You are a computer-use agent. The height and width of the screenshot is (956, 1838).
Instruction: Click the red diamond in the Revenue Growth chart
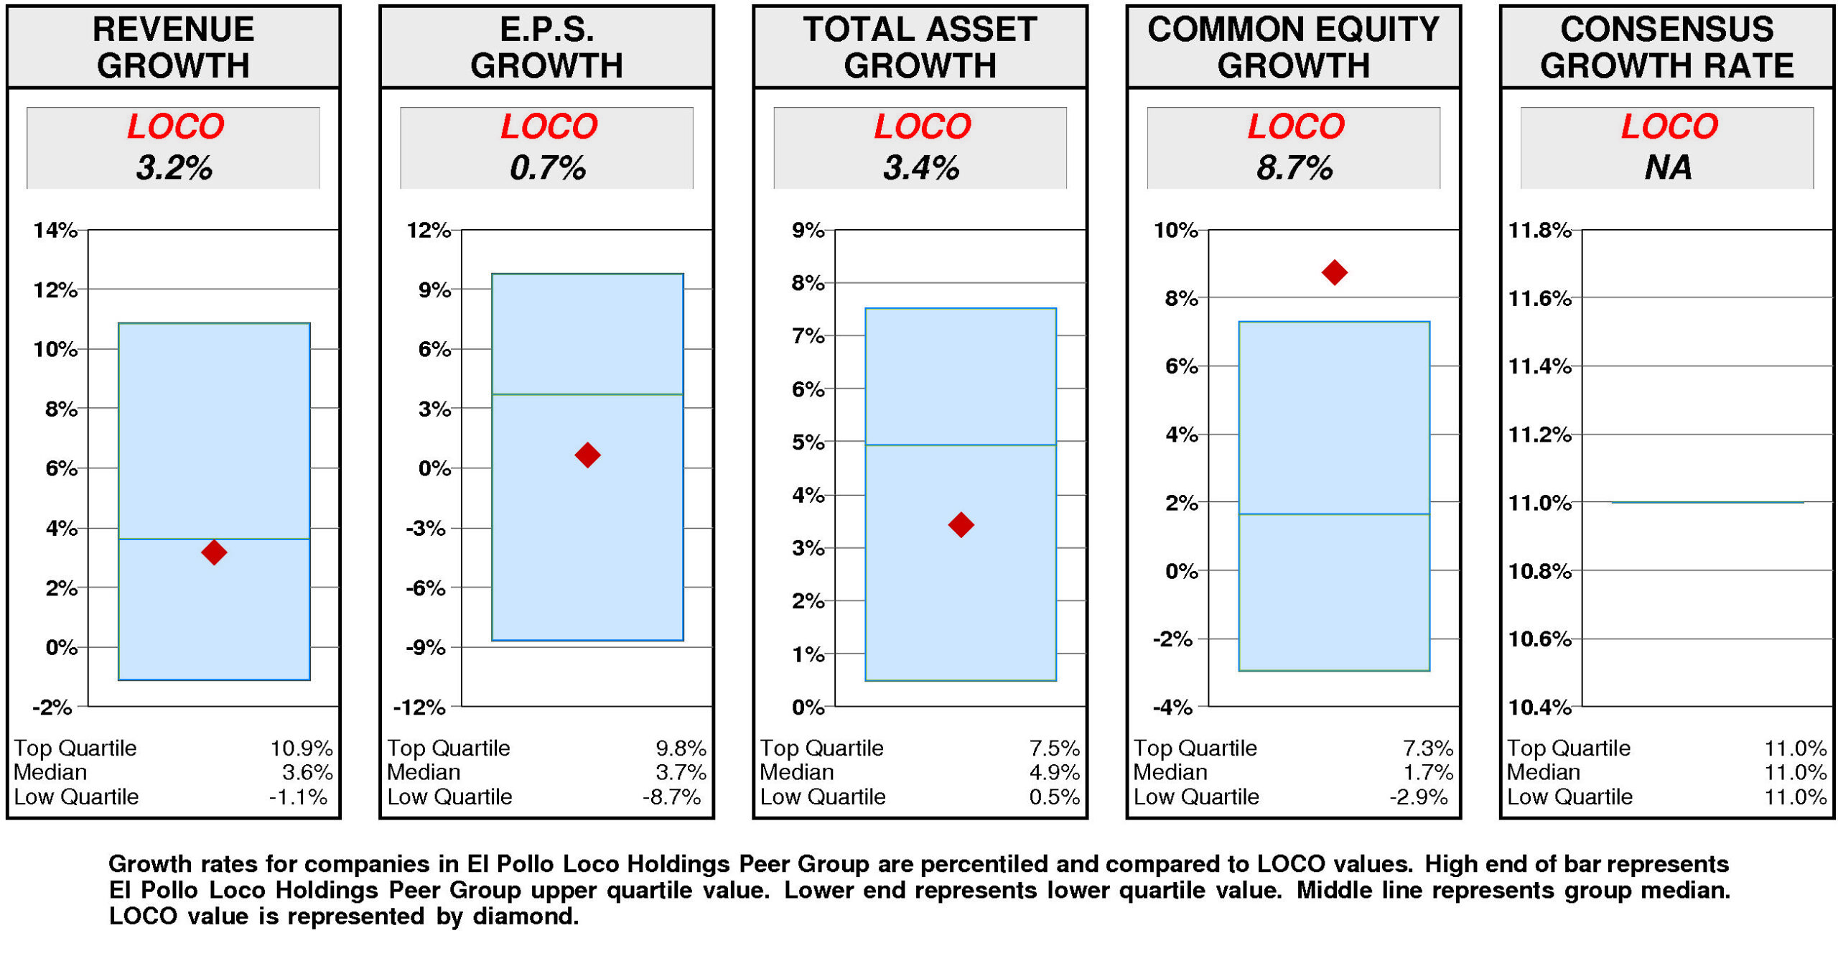coord(214,552)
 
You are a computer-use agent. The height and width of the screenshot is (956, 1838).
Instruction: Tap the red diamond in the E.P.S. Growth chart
coord(587,454)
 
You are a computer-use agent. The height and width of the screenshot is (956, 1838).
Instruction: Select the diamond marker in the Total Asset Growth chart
coord(961,524)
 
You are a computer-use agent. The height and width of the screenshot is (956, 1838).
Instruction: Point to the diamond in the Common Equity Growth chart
coord(1334,272)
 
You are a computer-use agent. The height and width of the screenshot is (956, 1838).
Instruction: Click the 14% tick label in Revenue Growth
coord(55,230)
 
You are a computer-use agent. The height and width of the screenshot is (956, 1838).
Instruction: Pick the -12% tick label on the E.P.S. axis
coord(419,707)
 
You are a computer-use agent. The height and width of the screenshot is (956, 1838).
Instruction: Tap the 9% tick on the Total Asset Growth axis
coord(808,230)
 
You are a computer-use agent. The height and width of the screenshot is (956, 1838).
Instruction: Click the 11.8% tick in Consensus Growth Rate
coord(1539,230)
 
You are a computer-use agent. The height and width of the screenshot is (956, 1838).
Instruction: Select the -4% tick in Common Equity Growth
coord(1172,707)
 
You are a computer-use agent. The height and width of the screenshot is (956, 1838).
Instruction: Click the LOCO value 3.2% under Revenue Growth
coord(174,168)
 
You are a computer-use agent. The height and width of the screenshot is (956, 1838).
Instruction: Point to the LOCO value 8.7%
coord(1294,168)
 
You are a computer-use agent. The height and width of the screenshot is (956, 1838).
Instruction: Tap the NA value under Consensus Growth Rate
coord(1668,168)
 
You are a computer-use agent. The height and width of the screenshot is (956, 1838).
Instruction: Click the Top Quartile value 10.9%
coord(301,748)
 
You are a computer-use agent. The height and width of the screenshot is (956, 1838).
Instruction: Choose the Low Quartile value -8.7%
coord(671,797)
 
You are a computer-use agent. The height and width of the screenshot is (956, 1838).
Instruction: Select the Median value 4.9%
coord(1054,772)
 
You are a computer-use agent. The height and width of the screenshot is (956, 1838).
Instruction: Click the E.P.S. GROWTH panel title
coord(546,47)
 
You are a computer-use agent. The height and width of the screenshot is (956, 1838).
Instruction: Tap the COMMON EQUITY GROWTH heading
coord(1293,47)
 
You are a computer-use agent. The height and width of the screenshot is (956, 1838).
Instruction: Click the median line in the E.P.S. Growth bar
coord(587,394)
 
